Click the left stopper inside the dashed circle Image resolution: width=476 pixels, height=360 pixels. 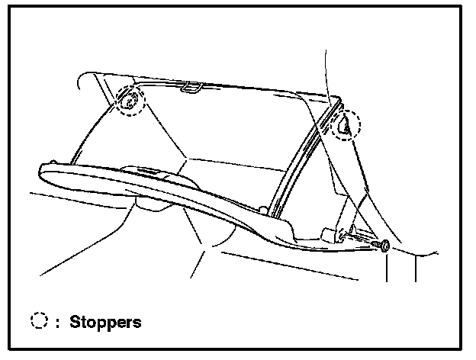[130, 100]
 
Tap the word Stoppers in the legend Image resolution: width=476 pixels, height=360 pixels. [105, 322]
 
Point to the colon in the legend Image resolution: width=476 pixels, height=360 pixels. [57, 323]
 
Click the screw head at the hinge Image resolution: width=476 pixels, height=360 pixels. [384, 246]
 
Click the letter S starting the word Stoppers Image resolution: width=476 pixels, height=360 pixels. [75, 322]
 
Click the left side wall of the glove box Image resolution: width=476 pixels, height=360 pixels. [130, 137]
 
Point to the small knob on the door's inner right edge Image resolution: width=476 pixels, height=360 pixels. [262, 207]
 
